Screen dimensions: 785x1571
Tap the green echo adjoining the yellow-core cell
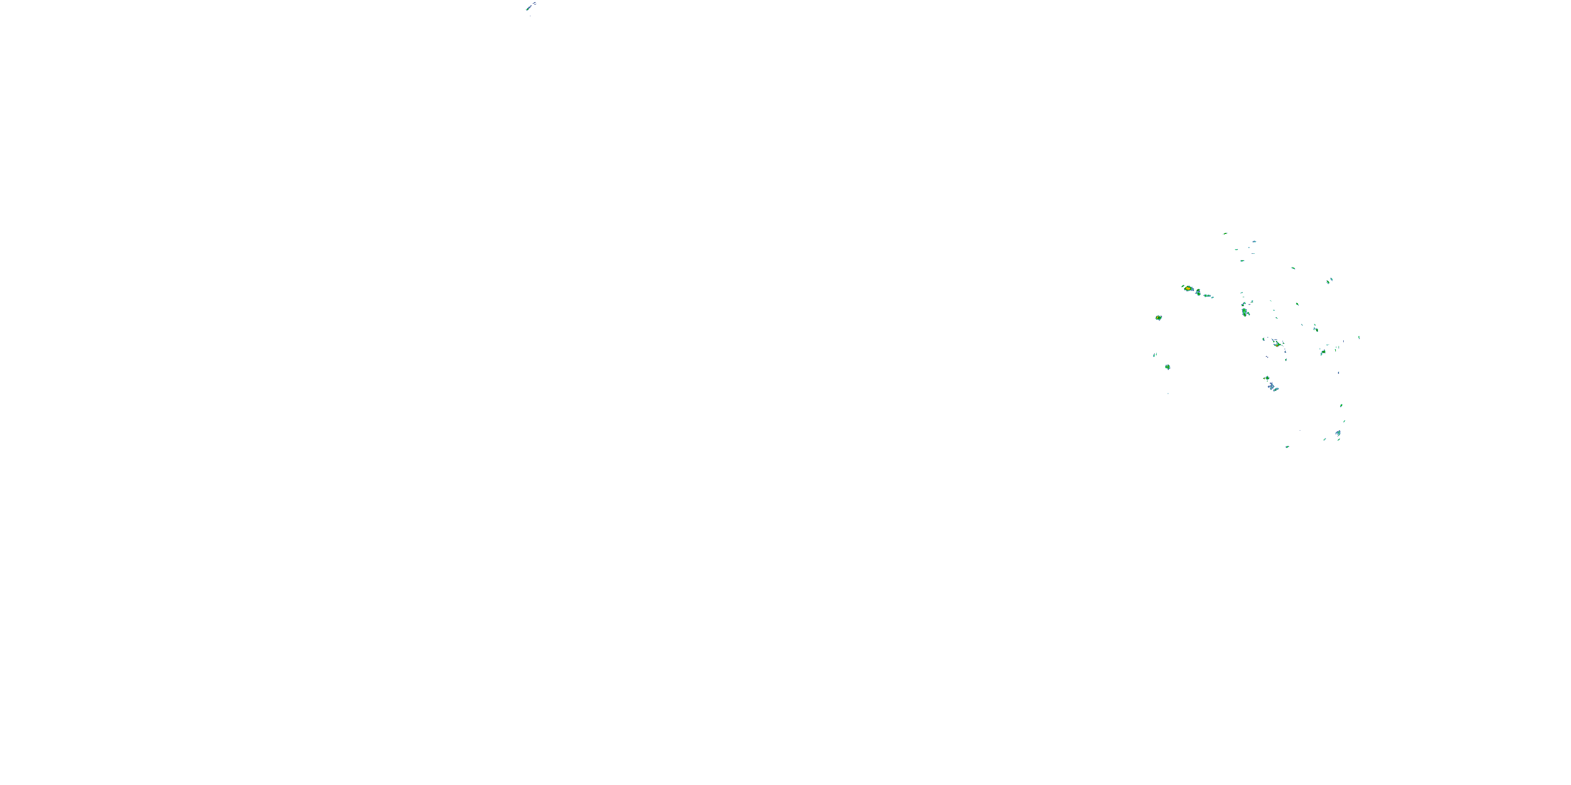coord(1198,293)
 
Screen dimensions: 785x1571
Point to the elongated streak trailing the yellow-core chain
coord(1208,296)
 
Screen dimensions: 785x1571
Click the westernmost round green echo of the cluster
coord(1158,318)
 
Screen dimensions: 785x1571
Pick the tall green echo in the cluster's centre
coord(1245,312)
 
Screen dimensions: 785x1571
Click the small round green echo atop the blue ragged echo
coord(1267,378)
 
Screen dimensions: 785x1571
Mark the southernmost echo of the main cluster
coord(1287,447)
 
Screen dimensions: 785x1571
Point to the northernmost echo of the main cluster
coord(1225,233)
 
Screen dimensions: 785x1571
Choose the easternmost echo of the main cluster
coord(1359,337)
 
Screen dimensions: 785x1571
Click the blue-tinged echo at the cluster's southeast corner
coord(1338,433)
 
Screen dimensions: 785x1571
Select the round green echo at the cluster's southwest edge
coord(1167,367)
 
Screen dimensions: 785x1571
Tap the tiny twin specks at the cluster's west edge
coord(1155,355)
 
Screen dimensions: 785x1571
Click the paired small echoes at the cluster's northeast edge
coord(1330,281)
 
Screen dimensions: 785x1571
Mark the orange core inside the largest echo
coord(1188,288)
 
